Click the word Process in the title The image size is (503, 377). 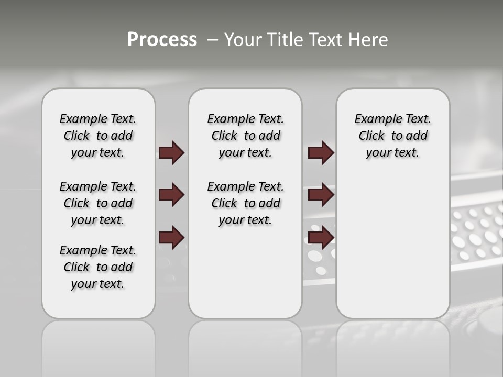point(162,39)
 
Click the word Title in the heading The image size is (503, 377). point(285,40)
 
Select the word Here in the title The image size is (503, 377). point(369,40)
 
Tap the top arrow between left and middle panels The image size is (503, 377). point(171,152)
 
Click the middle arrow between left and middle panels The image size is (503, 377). point(171,195)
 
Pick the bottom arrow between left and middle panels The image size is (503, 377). point(171,237)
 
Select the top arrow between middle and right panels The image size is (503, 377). point(321,152)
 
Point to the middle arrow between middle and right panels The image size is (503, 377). point(321,195)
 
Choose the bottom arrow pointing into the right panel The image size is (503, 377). point(321,237)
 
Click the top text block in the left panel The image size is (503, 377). point(98,136)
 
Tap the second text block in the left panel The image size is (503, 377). point(98,203)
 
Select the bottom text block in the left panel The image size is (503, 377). point(98,267)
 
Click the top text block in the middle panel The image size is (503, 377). point(245,136)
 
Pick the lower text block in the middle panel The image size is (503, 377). point(245,203)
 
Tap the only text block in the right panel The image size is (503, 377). point(392,136)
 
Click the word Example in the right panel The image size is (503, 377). point(374,119)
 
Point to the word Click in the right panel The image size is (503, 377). point(371,136)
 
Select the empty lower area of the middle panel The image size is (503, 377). point(245,272)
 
